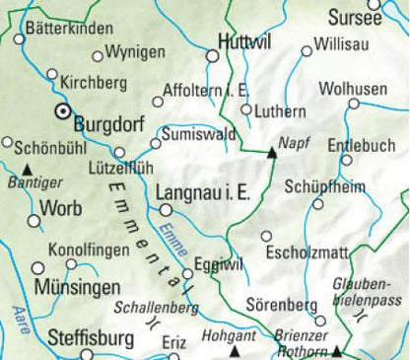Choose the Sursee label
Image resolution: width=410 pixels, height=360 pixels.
tap(355, 18)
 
